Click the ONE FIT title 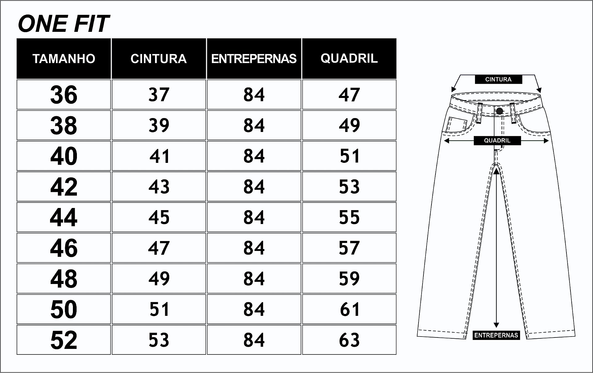tap(64, 24)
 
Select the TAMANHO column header tap(64, 59)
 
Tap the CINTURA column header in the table tap(159, 59)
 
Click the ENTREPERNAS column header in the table tap(254, 59)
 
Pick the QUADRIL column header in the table tap(349, 58)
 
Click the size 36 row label tap(64, 95)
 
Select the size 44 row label tap(64, 217)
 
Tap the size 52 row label tap(64, 340)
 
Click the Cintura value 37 tap(159, 95)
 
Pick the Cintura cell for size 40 tap(159, 156)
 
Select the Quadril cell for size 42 tap(349, 187)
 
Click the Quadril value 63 tap(349, 340)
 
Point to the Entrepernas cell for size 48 tap(254, 278)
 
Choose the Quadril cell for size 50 tap(349, 309)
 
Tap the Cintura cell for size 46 tap(159, 248)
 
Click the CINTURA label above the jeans tap(498, 79)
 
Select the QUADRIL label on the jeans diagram tap(497, 141)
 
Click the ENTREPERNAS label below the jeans tap(496, 335)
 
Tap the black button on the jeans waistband tap(499, 111)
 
